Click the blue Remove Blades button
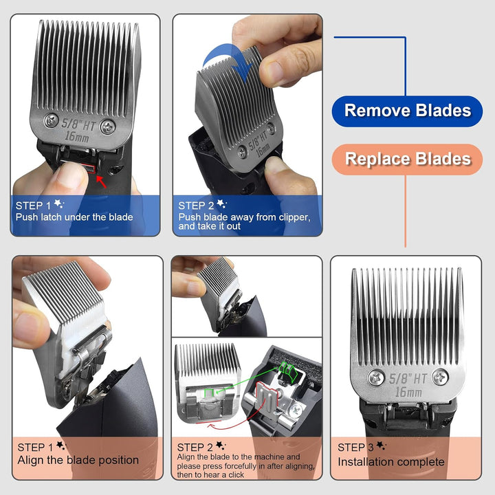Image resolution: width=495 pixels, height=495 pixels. pos(407,111)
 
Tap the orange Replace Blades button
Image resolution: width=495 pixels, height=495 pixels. pos(407,159)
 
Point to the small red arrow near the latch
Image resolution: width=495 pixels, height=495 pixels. pos(101,181)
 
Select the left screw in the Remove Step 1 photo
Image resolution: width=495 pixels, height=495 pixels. pos(51,120)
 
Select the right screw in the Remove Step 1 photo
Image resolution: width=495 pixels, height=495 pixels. pos(108,127)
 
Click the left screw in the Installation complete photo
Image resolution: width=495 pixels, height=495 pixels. pos(376,377)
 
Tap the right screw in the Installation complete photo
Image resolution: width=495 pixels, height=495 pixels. pos(440,377)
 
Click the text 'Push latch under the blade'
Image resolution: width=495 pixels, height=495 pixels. pos(74,217)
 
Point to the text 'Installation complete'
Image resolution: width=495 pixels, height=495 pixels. pos(390,462)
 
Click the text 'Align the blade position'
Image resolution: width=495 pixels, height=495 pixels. pos(78,460)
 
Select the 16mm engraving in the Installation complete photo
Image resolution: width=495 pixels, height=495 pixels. pos(408,393)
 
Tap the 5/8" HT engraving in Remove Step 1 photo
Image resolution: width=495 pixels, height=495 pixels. pos(78,124)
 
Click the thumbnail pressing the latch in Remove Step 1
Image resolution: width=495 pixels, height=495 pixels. pos(71,174)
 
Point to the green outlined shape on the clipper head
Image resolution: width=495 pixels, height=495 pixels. pos(287,371)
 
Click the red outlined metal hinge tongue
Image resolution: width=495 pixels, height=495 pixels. pos(267,398)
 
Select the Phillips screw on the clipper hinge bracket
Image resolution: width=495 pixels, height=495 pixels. pos(295,410)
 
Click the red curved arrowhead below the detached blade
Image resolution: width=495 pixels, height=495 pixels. pos(211,426)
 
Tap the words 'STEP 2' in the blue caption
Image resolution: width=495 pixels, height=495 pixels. pos(196,206)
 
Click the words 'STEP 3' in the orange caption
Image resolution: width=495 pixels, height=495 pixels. pos(355,448)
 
